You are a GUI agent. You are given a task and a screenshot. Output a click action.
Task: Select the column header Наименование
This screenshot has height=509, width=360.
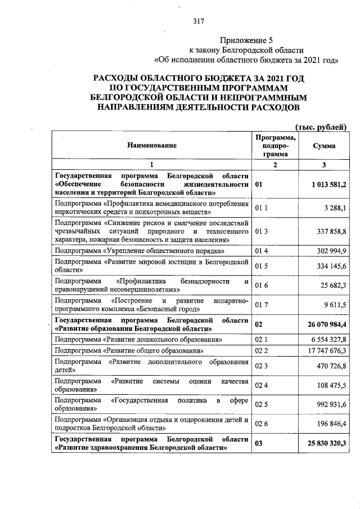pyautogui.click(x=151, y=146)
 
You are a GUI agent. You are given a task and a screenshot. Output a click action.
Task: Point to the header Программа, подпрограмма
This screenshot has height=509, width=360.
pyautogui.click(x=276, y=146)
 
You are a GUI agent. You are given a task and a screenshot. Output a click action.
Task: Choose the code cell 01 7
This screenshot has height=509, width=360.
pyautogui.click(x=262, y=305)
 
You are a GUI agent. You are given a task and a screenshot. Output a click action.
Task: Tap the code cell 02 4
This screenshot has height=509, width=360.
pyautogui.click(x=262, y=385)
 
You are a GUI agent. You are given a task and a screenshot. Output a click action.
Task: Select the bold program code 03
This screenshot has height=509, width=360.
pyautogui.click(x=259, y=443)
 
